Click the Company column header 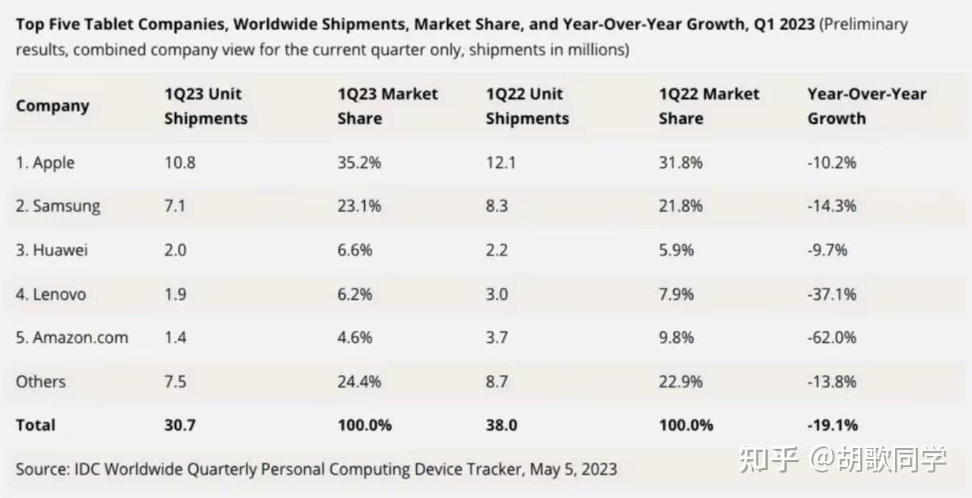52,106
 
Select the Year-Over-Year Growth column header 866,106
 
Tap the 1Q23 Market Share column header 388,106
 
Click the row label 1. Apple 45,163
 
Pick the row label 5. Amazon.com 72,338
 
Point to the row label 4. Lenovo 51,294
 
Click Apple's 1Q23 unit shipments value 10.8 180,163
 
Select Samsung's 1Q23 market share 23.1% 359,207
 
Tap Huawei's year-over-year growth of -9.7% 827,250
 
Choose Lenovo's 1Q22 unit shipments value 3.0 497,294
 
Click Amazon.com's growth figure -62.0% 832,338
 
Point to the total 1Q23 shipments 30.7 180,425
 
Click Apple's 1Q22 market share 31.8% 681,163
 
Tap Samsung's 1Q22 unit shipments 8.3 497,207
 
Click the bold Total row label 36,425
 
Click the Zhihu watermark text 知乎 769,459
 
